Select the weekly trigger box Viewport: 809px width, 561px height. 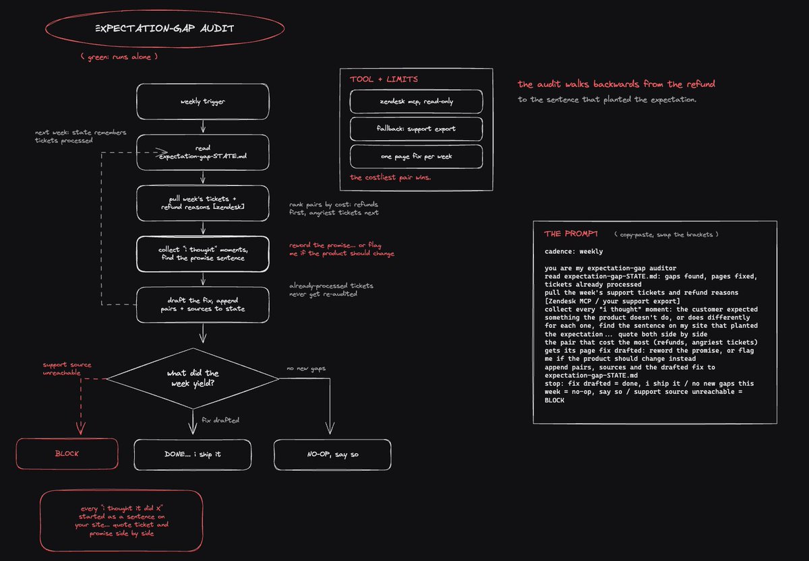203,102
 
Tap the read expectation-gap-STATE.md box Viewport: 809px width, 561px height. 203,152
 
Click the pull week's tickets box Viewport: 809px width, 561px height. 203,203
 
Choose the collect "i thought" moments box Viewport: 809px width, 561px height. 203,254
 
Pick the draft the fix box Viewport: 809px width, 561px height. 203,305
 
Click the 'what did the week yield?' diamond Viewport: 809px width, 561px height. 193,378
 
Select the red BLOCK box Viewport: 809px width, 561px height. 67,454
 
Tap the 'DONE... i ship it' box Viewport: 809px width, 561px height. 193,455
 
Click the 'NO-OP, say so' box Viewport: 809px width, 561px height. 332,455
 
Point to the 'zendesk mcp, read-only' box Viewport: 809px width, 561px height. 416,102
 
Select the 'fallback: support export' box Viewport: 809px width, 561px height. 416,129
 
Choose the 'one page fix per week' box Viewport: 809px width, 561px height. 416,156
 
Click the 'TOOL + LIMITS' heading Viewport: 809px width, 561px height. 384,79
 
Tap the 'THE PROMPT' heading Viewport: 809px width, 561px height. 570,234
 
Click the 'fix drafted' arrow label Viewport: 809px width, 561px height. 220,420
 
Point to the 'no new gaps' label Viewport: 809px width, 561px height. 306,368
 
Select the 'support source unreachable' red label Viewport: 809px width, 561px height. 67,368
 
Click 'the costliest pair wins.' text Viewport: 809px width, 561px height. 390,177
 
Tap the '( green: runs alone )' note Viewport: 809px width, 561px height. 119,57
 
